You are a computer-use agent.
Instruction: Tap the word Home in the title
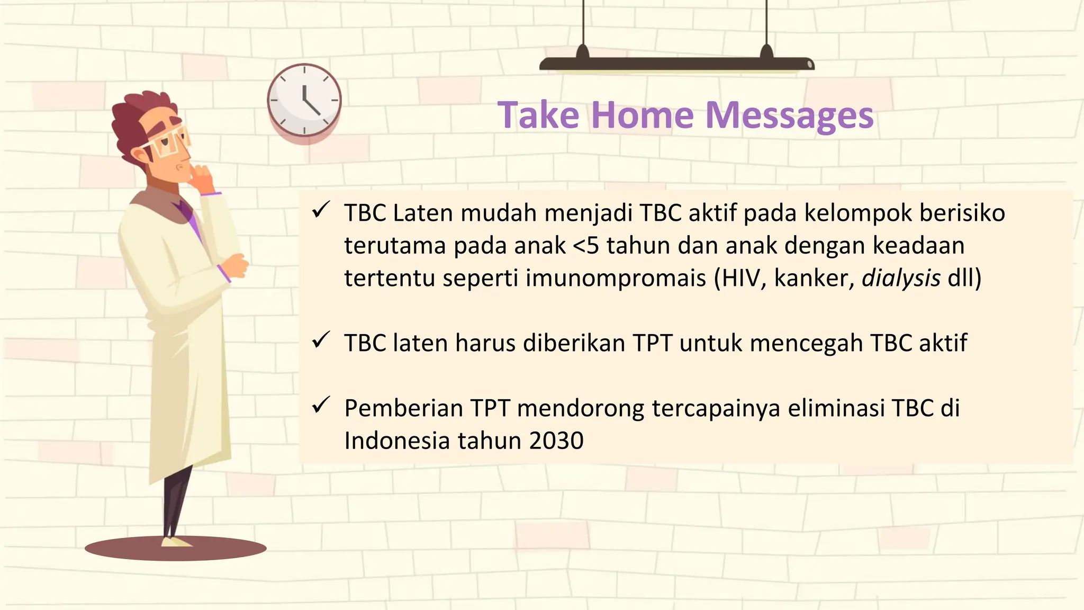(x=642, y=115)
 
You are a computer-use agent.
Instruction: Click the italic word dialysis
(x=901, y=278)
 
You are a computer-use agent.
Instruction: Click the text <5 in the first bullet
(x=586, y=246)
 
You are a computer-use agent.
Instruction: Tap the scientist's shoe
(x=176, y=542)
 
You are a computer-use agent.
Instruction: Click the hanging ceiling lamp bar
(x=676, y=65)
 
